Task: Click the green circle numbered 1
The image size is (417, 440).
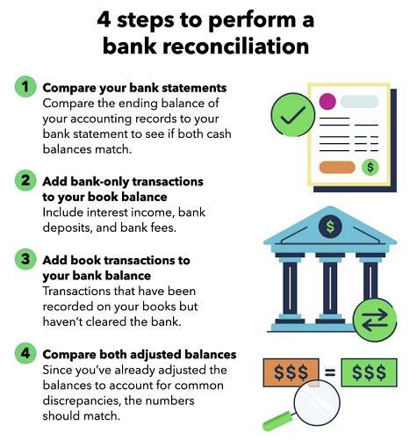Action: pos(25,87)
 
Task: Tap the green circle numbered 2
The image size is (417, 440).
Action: pos(25,180)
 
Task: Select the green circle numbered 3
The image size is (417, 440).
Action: pos(25,259)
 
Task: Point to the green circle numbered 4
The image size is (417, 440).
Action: pos(25,353)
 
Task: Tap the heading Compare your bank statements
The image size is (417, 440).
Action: pos(134,88)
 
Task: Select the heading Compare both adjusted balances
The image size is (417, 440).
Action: pos(140,355)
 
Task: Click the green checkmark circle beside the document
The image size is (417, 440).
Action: pos(293,115)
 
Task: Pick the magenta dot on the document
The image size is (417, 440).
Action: pos(327,102)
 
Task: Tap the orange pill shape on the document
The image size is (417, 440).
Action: pos(337,167)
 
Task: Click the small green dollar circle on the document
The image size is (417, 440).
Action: pos(370,167)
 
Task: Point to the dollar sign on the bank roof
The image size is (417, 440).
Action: pos(330,227)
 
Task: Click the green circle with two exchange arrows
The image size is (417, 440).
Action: pos(375,320)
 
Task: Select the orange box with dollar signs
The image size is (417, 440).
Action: pos(291,372)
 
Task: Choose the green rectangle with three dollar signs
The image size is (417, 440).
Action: pos(369,372)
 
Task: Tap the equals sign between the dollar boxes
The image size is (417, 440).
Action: pos(330,372)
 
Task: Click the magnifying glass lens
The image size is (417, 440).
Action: pos(317,402)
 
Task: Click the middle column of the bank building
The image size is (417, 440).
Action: pos(330,288)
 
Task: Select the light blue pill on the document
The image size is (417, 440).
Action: pos(359,102)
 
